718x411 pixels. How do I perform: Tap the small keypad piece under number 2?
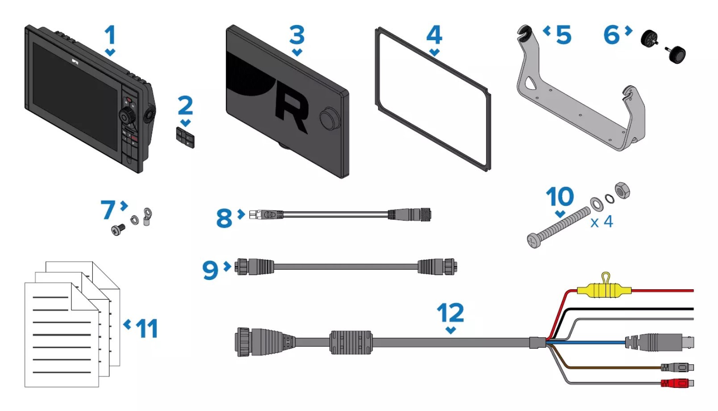(x=185, y=138)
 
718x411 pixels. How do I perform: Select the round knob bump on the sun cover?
(x=329, y=118)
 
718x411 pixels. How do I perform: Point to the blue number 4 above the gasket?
(x=434, y=35)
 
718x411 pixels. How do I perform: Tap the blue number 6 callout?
(x=612, y=35)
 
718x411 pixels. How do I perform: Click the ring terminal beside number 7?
(x=147, y=216)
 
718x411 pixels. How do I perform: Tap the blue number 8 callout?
(x=224, y=218)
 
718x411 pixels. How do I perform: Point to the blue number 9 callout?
(x=210, y=270)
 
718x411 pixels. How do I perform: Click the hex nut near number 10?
(x=623, y=190)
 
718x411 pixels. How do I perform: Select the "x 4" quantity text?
(x=602, y=222)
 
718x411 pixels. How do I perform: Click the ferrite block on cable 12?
(x=351, y=342)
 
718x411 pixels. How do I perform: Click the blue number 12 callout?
(x=450, y=312)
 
